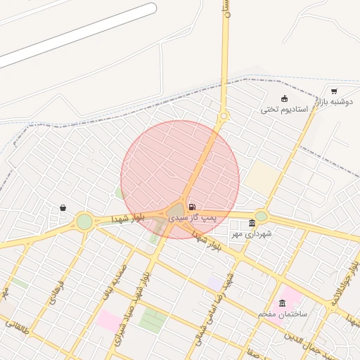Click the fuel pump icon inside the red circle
tap(192, 207)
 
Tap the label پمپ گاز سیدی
tap(203, 219)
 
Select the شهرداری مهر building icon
tap(252, 223)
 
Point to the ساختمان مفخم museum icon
tap(282, 303)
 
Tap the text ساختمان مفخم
tap(281, 314)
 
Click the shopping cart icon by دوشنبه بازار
tap(333, 91)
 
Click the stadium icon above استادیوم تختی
tap(284, 98)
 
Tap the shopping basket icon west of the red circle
tap(63, 207)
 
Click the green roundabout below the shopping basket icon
tap(84, 221)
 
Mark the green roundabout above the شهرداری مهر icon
tap(261, 216)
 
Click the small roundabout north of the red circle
tap(224, 116)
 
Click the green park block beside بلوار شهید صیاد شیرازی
tap(153, 320)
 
